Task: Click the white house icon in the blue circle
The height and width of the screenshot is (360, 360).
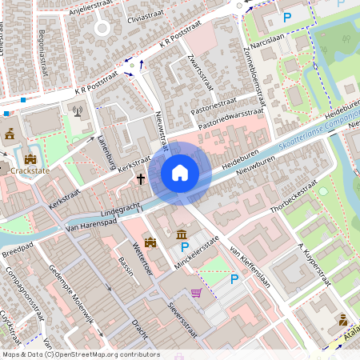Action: [x=180, y=173]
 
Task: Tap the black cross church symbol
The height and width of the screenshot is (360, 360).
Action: [x=141, y=179]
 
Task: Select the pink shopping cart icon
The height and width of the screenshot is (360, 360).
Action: [x=196, y=293]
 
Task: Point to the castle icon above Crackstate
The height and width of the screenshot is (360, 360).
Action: [x=30, y=159]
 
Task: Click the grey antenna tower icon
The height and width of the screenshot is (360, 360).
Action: [x=78, y=110]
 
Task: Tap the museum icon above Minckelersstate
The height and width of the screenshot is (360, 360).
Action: [x=182, y=234]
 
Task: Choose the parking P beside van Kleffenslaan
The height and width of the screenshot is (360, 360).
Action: [x=234, y=279]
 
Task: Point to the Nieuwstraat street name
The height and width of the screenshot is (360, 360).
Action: [x=162, y=130]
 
